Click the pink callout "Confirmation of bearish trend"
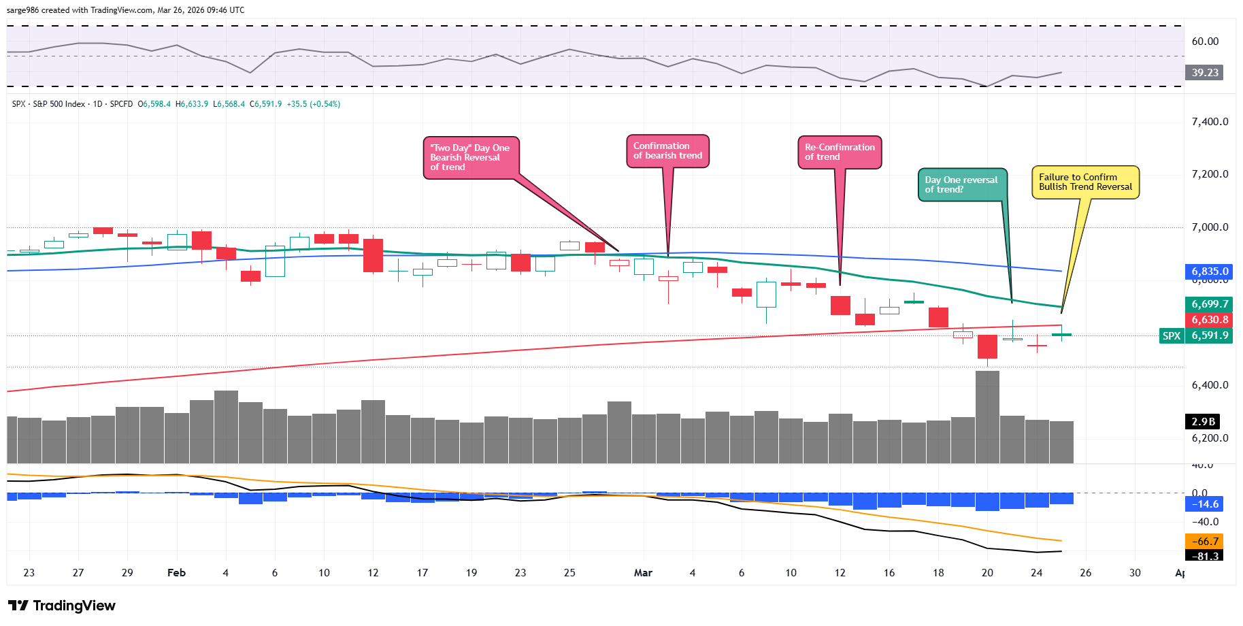pyautogui.click(x=667, y=151)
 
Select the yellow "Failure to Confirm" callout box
pyautogui.click(x=1085, y=182)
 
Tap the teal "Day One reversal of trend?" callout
pyautogui.click(x=961, y=185)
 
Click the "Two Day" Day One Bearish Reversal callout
pyautogui.click(x=470, y=158)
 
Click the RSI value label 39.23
pyautogui.click(x=1205, y=73)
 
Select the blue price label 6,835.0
pyautogui.click(x=1210, y=271)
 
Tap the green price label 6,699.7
pyautogui.click(x=1210, y=304)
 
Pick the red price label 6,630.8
pyautogui.click(x=1210, y=320)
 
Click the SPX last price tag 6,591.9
pyautogui.click(x=1210, y=335)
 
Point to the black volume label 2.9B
pyautogui.click(x=1203, y=422)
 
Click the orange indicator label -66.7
pyautogui.click(x=1207, y=542)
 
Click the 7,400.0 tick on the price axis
pyautogui.click(x=1210, y=122)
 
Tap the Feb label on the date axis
pyautogui.click(x=176, y=573)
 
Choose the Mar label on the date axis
pyautogui.click(x=643, y=573)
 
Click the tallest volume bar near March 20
pyautogui.click(x=987, y=416)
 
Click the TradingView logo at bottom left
pyautogui.click(x=62, y=606)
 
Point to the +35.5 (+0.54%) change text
pyautogui.click(x=314, y=104)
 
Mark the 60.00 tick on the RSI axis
pyautogui.click(x=1205, y=42)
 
